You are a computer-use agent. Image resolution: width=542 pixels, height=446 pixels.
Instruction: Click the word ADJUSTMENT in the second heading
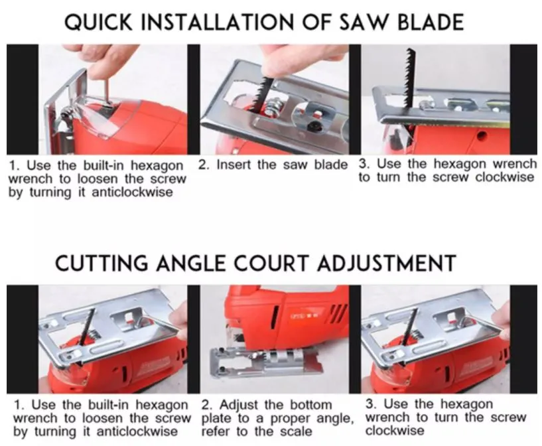point(387,263)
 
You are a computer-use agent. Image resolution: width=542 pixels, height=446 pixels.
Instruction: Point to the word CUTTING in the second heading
point(102,263)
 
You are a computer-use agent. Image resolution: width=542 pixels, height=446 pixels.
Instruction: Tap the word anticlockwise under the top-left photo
point(132,192)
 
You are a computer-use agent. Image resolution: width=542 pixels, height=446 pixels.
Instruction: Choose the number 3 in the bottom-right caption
point(369,404)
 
